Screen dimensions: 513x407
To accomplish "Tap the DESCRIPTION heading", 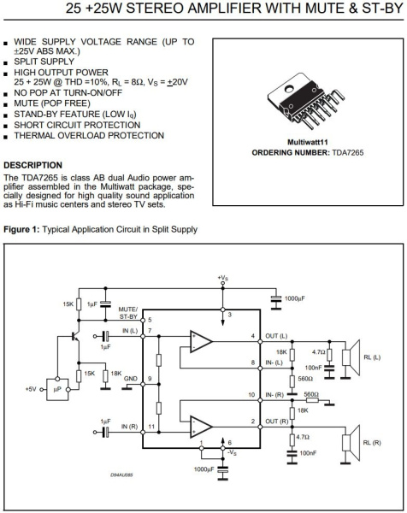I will pyautogui.click(x=35, y=164).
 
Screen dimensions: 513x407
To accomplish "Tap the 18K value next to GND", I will pyautogui.click(x=116, y=374).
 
